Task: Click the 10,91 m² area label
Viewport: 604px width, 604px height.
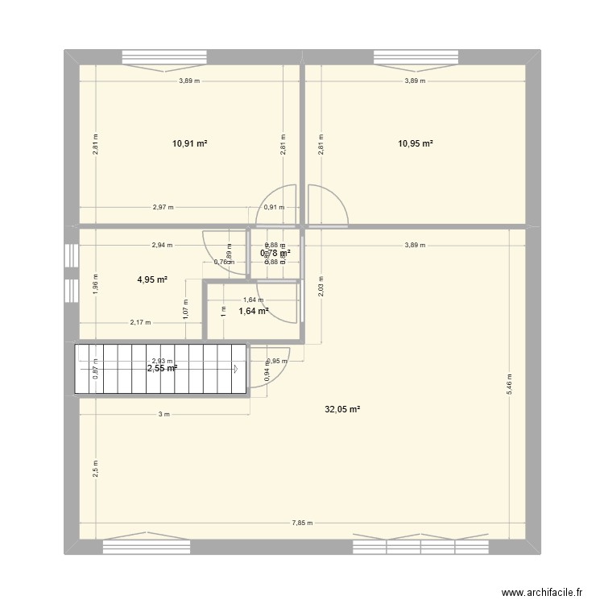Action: (190, 143)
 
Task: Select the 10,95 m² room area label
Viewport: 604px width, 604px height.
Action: (416, 143)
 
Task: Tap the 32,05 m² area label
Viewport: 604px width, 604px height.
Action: (342, 409)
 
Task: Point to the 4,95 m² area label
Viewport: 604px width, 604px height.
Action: (152, 280)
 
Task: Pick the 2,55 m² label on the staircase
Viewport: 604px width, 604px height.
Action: (161, 368)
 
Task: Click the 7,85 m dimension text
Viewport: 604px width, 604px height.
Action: (303, 523)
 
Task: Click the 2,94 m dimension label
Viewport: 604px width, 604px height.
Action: (161, 245)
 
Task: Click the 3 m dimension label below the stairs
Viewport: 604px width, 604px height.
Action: (164, 414)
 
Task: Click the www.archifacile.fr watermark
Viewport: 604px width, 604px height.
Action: (540, 591)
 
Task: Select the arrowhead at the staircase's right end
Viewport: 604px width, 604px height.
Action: (237, 370)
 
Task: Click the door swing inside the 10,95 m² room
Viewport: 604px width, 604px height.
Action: (328, 205)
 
